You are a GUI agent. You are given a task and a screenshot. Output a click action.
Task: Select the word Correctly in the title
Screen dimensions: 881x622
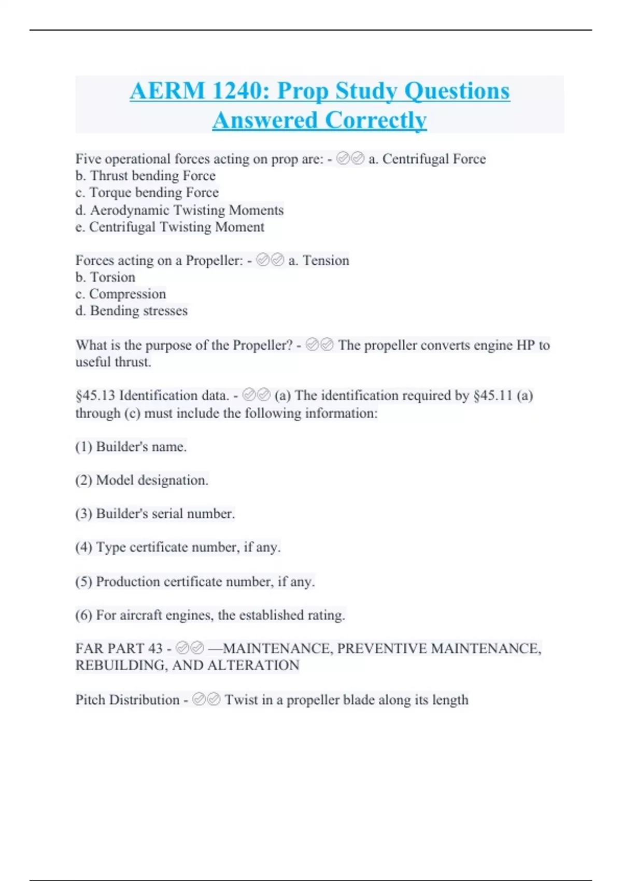tap(376, 121)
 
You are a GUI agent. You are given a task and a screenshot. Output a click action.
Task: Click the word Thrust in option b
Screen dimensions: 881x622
tap(109, 176)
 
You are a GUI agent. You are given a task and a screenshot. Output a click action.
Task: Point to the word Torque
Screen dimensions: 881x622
tap(110, 193)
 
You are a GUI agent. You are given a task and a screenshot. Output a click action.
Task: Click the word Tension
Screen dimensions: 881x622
tap(326, 260)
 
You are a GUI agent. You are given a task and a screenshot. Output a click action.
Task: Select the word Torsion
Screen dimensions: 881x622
tap(112, 277)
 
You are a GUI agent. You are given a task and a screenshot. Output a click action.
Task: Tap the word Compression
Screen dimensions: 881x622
tap(128, 294)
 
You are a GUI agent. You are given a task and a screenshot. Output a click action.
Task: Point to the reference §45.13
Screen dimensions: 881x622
tap(95, 395)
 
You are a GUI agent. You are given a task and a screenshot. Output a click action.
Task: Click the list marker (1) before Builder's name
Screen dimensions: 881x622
tap(83, 447)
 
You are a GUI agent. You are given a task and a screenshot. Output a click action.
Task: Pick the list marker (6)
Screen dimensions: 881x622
tap(83, 615)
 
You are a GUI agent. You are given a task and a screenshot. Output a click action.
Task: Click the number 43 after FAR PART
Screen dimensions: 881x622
tap(155, 648)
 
